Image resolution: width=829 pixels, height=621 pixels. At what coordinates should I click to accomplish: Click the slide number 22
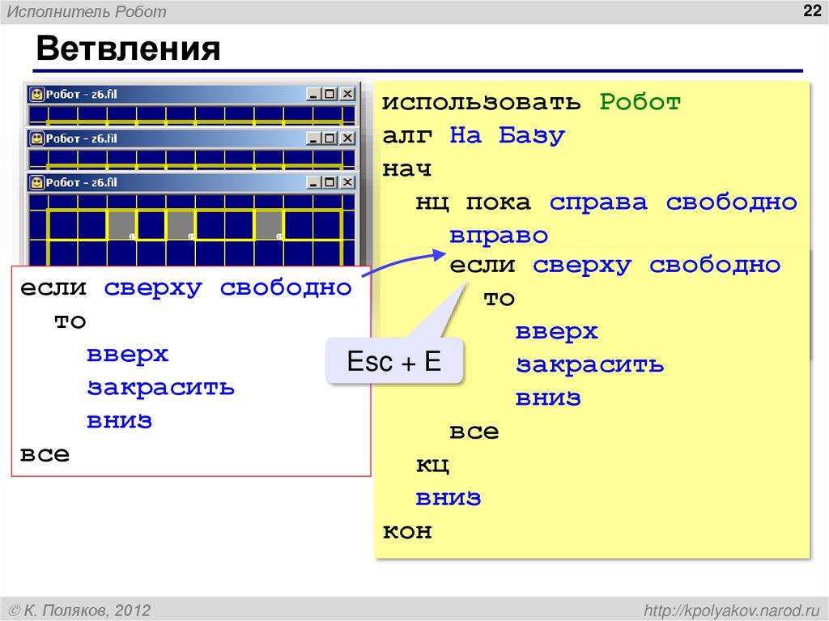[x=810, y=11]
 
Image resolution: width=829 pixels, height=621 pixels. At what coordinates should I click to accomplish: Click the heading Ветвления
[x=128, y=49]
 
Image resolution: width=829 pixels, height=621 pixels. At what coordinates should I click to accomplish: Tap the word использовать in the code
[x=481, y=103]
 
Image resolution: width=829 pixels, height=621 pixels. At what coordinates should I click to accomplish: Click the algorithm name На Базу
[x=507, y=136]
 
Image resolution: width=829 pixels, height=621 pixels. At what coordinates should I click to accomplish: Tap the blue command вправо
[x=499, y=236]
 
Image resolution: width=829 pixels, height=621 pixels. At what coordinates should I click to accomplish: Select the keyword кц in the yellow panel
[x=432, y=465]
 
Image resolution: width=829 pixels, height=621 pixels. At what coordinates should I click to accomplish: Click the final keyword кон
[x=407, y=531]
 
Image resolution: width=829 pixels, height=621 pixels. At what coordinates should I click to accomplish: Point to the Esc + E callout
[x=394, y=361]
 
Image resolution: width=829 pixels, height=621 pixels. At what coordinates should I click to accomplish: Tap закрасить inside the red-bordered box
[x=161, y=387]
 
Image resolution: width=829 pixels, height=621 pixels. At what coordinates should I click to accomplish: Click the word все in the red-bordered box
[x=45, y=453]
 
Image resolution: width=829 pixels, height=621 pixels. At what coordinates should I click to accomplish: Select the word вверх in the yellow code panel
[x=557, y=332]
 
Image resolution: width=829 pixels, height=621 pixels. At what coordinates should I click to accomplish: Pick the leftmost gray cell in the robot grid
[x=121, y=224]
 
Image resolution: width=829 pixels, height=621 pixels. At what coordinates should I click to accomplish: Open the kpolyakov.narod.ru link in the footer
[x=732, y=609]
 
